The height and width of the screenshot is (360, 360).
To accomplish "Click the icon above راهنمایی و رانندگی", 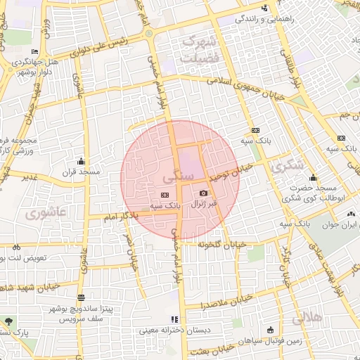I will click(264, 8).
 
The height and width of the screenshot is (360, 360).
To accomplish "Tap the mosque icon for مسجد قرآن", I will click(82, 160).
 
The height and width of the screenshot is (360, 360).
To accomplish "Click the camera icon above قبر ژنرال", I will click(204, 193).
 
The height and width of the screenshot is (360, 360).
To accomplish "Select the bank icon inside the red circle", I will click(165, 195).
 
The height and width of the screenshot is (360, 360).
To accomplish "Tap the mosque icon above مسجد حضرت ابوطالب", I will click(312, 177).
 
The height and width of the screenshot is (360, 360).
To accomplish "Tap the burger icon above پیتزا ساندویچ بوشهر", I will click(81, 297).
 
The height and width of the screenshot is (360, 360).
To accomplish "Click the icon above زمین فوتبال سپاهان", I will click(271, 330).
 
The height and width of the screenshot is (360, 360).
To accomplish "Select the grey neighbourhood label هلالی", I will click(307, 318).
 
